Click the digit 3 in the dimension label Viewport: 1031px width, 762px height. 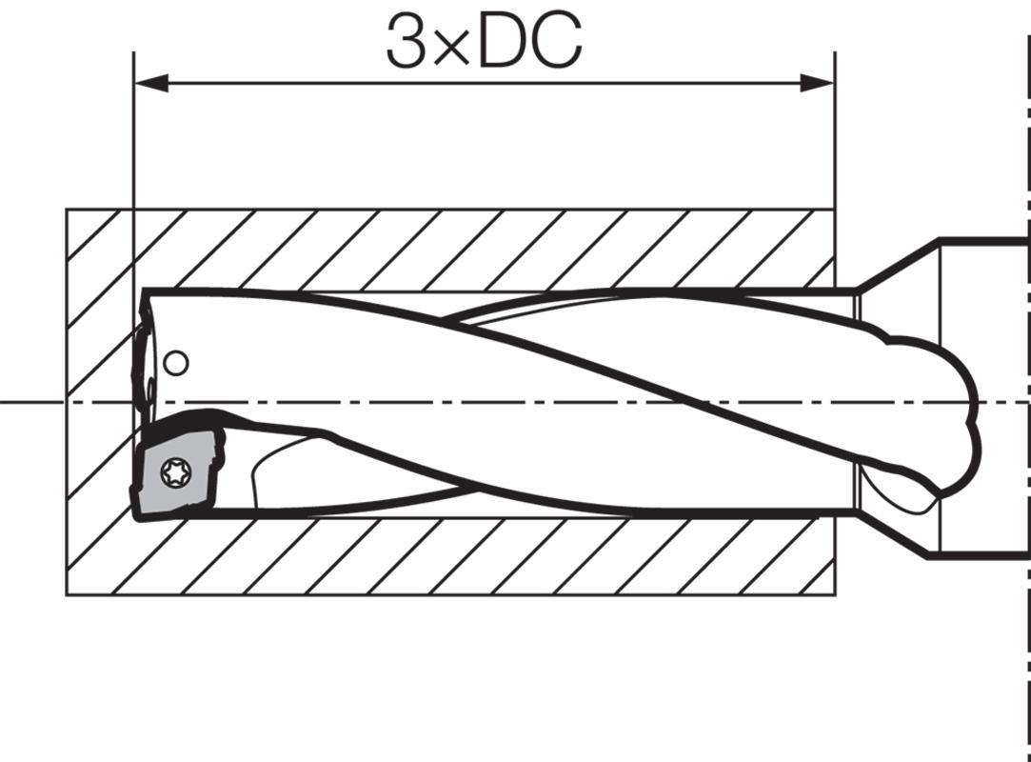pyautogui.click(x=405, y=41)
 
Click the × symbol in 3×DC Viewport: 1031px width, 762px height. pyautogui.click(x=452, y=49)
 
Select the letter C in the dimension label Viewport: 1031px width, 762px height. pyautogui.click(x=558, y=41)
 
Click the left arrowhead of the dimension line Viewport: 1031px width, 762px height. pyautogui.click(x=151, y=84)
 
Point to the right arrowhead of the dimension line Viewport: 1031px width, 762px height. pyautogui.click(x=817, y=84)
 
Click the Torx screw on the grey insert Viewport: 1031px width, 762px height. pyautogui.click(x=175, y=472)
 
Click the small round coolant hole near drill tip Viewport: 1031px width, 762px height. pyautogui.click(x=175, y=363)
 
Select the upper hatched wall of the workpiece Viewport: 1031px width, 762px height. pyautogui.click(x=451, y=250)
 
